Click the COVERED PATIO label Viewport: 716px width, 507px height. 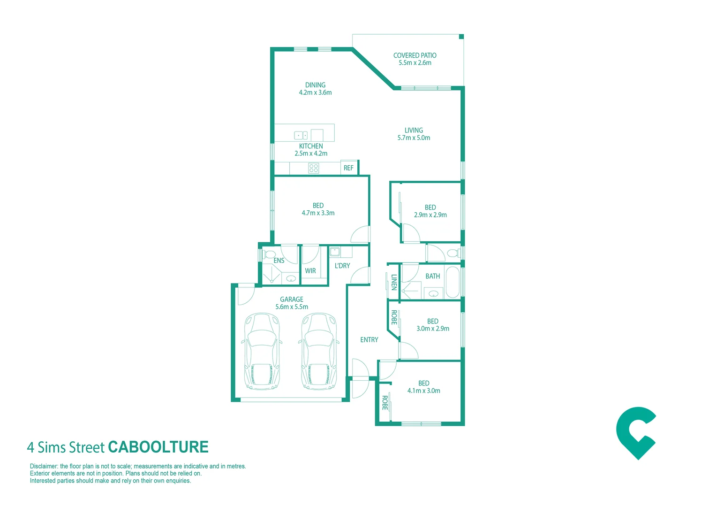[x=415, y=55]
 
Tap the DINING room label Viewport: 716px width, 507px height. [x=315, y=85]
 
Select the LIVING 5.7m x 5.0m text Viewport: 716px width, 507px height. [x=414, y=134]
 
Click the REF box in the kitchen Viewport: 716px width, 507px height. [x=348, y=168]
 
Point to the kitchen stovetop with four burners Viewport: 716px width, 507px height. [x=314, y=168]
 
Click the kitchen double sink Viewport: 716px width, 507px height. [x=301, y=135]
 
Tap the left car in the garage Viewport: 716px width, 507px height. [x=262, y=351]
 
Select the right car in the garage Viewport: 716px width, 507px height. [x=319, y=351]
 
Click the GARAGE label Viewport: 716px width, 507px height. [x=292, y=300]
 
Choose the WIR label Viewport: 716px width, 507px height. [x=310, y=271]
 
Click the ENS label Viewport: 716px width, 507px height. [x=279, y=261]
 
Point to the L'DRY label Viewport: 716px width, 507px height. [x=342, y=266]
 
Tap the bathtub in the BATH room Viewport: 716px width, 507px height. [x=452, y=282]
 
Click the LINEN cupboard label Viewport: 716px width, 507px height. [x=394, y=282]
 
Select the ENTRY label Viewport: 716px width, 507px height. [x=369, y=340]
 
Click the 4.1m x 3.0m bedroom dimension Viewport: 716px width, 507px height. [x=424, y=391]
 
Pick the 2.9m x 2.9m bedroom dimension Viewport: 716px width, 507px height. [x=430, y=215]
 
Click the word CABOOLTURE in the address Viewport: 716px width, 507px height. [x=158, y=447]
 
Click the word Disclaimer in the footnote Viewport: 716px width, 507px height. [x=44, y=466]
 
